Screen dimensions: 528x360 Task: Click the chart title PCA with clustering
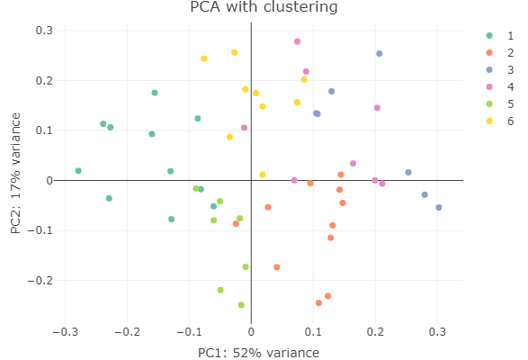[x=264, y=6]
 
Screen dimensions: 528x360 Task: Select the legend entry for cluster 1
[x=500, y=35]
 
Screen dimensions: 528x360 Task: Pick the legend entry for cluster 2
[x=500, y=52]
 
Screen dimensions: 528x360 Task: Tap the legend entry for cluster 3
[x=500, y=70]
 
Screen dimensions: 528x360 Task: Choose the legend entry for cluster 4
[x=500, y=87]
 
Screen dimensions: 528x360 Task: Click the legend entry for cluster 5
[x=500, y=104]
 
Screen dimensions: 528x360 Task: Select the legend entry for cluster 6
[x=500, y=121]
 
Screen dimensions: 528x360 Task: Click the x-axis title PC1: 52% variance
[x=258, y=353]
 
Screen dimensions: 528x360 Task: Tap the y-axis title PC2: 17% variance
[x=15, y=174]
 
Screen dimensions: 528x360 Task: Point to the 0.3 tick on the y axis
[x=44, y=31]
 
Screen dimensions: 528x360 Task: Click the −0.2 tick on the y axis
[x=40, y=281]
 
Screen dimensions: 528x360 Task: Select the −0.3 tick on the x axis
[x=66, y=332]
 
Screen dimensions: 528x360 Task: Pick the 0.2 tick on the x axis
[x=375, y=332]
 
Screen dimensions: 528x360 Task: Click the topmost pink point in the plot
[x=297, y=41]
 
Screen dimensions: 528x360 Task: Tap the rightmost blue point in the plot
[x=438, y=207]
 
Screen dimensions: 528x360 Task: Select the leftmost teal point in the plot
[x=78, y=171]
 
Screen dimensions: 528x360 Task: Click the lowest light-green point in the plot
[x=241, y=305]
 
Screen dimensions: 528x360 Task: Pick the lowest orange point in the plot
[x=318, y=303]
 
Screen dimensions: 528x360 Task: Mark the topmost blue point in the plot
[x=380, y=54]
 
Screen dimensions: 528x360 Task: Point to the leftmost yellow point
[x=203, y=58]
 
